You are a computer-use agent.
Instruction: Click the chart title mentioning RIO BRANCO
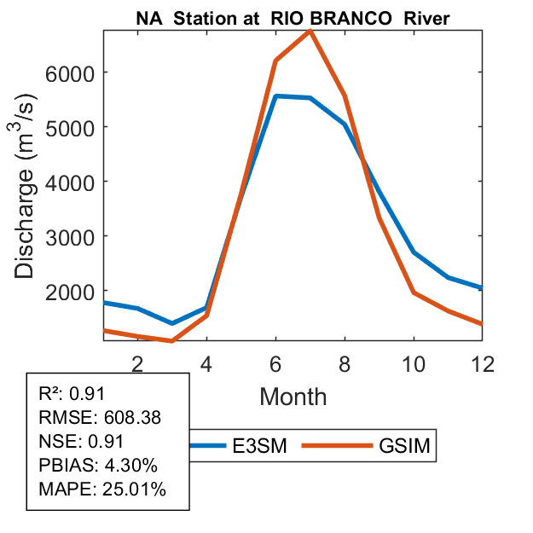(294, 16)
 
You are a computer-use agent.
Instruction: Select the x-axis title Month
(293, 397)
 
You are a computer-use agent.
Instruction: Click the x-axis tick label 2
(137, 362)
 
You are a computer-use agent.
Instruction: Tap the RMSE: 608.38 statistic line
(100, 418)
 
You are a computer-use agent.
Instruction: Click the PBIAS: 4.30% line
(99, 466)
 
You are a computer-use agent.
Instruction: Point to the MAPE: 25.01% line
(102, 490)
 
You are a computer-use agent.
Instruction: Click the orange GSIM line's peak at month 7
(310, 32)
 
